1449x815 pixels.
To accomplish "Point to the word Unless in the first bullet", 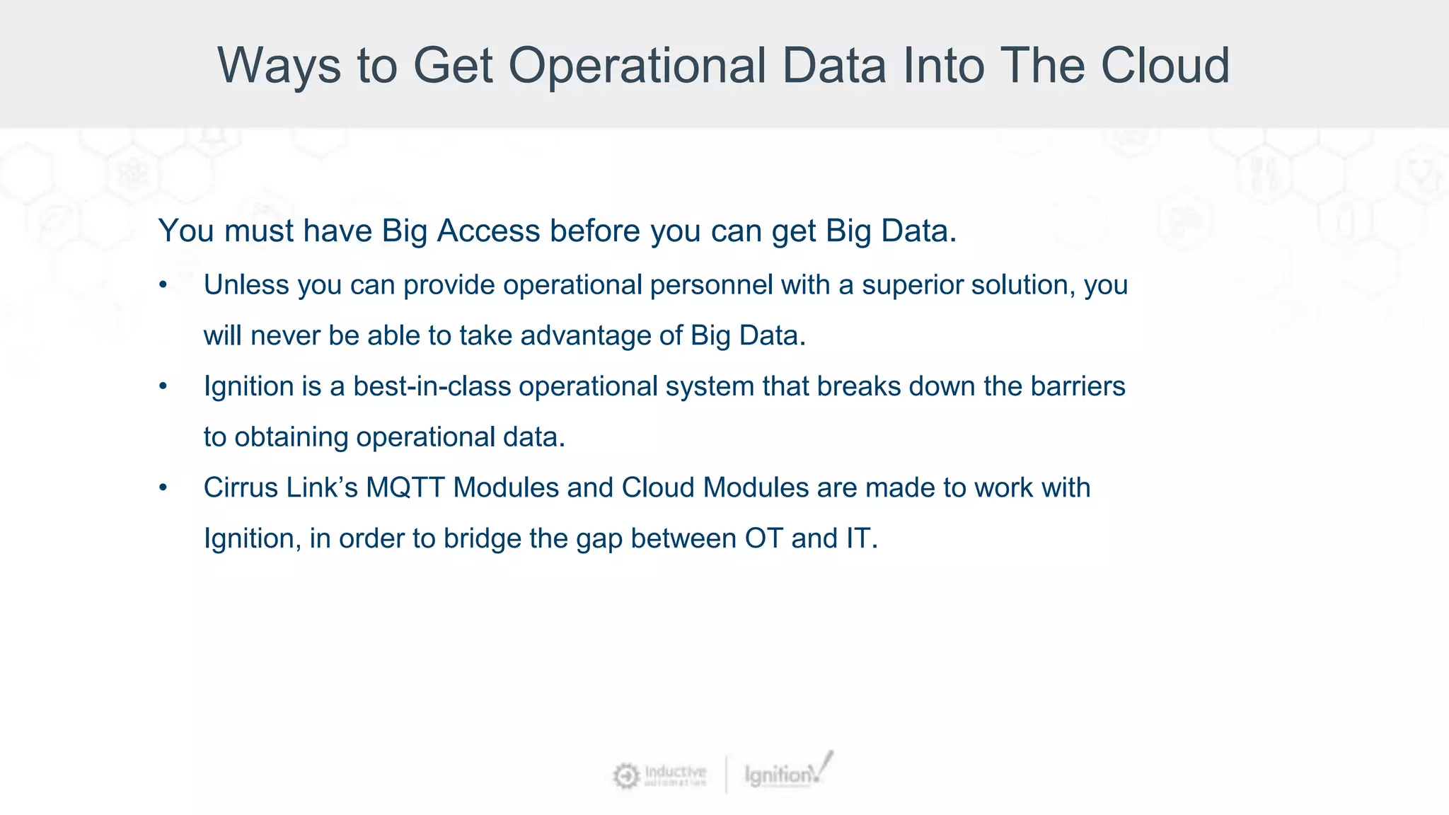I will point(246,285).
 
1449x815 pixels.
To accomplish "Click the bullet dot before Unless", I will point(163,286).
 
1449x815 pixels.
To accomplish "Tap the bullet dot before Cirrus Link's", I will point(163,488).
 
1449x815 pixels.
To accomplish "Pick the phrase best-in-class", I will point(432,386).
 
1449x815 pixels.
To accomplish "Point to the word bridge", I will point(482,539).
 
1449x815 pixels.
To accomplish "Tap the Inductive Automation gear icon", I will point(625,776).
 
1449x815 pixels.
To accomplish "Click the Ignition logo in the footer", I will point(787,773).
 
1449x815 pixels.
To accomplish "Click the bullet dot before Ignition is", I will point(163,387).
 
